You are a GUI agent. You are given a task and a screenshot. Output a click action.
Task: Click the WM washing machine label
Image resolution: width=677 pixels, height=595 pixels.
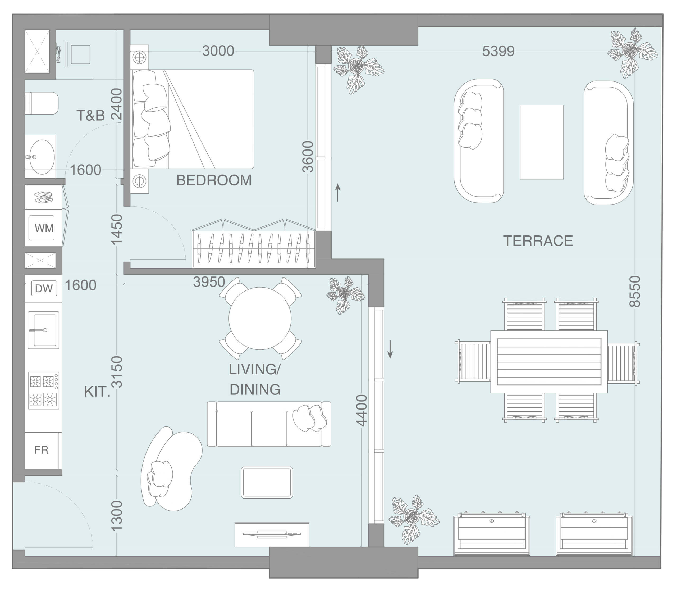point(44,228)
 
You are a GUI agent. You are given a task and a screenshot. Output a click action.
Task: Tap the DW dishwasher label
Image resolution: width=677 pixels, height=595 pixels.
point(44,288)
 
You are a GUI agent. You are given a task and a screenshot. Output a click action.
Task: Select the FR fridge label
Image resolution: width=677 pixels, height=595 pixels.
point(42,450)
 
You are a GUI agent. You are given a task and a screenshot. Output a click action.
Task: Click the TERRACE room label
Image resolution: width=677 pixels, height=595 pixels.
point(538,241)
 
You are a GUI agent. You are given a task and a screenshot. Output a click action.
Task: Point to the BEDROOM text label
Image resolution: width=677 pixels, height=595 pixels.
point(214,180)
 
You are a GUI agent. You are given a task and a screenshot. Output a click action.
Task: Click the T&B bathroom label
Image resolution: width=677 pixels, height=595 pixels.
point(90,115)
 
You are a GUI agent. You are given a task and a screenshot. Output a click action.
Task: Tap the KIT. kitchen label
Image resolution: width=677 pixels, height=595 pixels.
point(97,392)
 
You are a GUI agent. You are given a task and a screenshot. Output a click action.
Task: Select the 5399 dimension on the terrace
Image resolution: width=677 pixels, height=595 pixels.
point(498,51)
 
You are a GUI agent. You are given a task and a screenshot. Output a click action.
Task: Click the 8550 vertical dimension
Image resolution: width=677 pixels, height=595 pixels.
point(635,291)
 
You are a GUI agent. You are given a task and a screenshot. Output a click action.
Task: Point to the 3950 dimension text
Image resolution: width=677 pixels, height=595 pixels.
point(209,282)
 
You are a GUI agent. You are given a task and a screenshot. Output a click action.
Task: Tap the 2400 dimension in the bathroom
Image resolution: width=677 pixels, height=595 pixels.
point(116,104)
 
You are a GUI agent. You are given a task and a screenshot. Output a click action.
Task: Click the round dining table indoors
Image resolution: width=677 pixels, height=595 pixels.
point(260,318)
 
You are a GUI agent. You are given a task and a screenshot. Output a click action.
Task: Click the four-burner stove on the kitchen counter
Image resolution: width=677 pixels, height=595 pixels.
point(43,390)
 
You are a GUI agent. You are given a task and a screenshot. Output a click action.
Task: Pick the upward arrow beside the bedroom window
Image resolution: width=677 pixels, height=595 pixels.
point(338,193)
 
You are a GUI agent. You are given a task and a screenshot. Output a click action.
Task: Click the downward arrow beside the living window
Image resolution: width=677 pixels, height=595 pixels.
point(390,349)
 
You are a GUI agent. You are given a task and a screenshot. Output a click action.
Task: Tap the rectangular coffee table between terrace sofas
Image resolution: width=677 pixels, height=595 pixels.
point(542,142)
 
